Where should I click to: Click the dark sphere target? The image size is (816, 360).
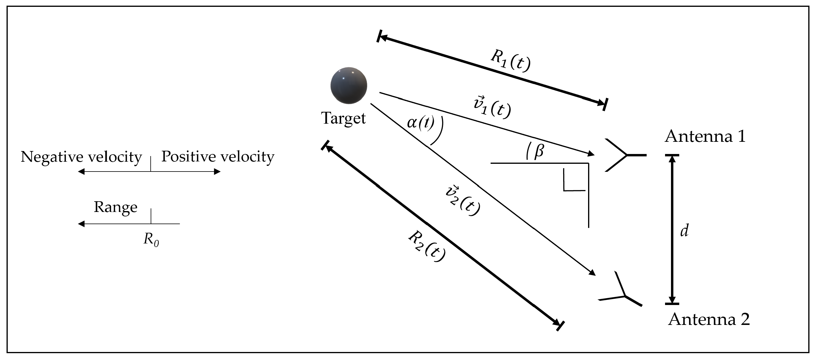[x=349, y=85]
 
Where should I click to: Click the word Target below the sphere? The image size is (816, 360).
[x=344, y=118]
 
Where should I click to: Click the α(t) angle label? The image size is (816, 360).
[x=420, y=122]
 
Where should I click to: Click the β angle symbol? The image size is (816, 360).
[x=539, y=151]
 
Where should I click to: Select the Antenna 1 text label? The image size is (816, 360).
[x=705, y=136]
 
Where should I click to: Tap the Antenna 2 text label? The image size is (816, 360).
[x=709, y=319]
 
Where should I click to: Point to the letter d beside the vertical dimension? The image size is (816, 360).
[x=685, y=230]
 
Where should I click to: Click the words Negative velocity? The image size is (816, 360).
[x=81, y=157]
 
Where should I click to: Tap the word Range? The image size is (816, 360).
[x=115, y=207]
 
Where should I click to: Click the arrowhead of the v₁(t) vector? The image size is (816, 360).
[x=591, y=154]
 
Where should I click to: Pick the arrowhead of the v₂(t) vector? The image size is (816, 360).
[x=592, y=273]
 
